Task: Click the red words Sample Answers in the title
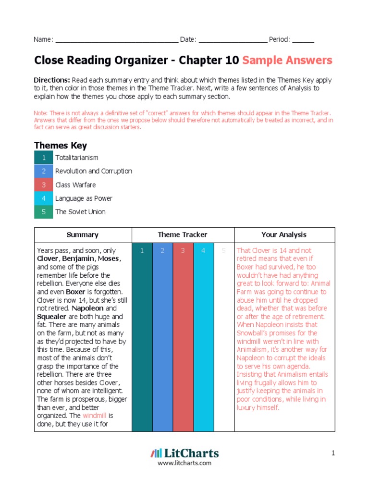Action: tap(287, 61)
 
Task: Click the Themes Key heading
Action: tap(60, 146)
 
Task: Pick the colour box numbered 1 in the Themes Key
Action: tap(44, 158)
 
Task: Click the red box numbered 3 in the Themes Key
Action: tap(44, 185)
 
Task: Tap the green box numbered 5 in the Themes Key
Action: tap(44, 212)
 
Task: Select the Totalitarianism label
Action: tap(77, 158)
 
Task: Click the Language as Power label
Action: tap(81, 198)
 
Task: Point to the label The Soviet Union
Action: tap(80, 212)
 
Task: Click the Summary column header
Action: tap(83, 235)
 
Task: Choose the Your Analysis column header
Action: tap(284, 235)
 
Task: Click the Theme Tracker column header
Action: tap(183, 235)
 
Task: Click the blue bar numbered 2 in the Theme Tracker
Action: tap(162, 336)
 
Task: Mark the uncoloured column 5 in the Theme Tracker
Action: tap(223, 336)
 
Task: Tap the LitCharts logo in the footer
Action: tap(184, 453)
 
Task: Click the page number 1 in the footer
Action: tap(332, 453)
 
